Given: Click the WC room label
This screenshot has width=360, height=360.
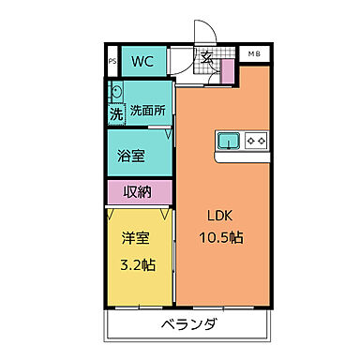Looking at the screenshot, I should pos(142,63).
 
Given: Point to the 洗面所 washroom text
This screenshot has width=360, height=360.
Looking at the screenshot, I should pos(148,111).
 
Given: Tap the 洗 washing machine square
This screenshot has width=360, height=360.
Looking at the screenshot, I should pos(116,114).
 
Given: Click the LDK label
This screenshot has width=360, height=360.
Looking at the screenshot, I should pos(221,215).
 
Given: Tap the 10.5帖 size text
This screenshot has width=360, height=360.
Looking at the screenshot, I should pos(221,238).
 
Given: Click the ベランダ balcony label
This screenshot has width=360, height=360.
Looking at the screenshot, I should pos(187,324).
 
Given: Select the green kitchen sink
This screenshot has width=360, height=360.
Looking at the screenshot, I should pos(229,142).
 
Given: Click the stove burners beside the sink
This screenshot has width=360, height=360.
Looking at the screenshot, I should pos(256,142).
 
